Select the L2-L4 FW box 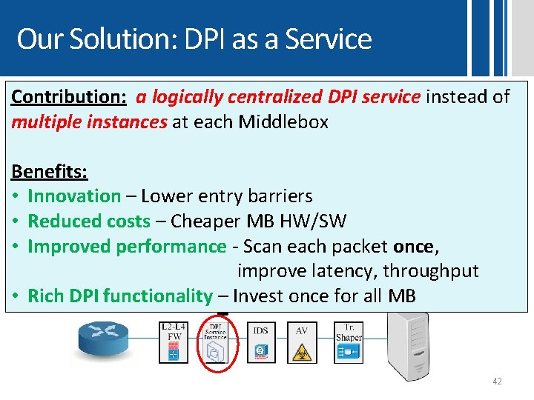(x=174, y=341)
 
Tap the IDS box (x=260, y=341)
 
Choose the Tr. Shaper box (x=348, y=341)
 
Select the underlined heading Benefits (x=49, y=171)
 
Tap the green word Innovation (x=74, y=196)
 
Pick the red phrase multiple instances (x=89, y=122)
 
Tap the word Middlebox (x=283, y=122)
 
